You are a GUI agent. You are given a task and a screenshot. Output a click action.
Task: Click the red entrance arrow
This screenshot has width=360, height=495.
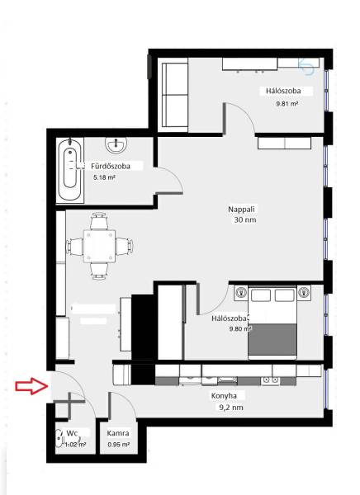click(x=31, y=386)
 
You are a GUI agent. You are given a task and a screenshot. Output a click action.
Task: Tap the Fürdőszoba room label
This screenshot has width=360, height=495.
click(x=111, y=166)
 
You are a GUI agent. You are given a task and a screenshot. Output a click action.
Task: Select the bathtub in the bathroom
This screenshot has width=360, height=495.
click(x=70, y=169)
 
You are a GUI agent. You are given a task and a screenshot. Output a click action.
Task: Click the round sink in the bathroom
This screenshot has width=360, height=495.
click(x=116, y=145)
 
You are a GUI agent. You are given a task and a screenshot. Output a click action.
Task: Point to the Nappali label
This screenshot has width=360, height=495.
click(x=241, y=209)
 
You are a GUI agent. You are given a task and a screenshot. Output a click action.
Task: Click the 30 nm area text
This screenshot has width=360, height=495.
click(x=245, y=219)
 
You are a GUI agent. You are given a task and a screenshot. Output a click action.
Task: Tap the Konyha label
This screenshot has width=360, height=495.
click(x=224, y=395)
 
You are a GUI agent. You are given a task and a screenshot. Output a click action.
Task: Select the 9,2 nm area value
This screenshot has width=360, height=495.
click(x=231, y=408)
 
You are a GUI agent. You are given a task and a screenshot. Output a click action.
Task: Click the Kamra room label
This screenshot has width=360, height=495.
click(x=118, y=433)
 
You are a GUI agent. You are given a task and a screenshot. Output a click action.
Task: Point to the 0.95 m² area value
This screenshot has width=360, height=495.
click(x=118, y=445)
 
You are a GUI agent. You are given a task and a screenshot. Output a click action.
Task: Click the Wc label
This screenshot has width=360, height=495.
click(x=72, y=432)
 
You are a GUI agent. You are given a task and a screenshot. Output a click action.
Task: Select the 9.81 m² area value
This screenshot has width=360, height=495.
click(x=287, y=103)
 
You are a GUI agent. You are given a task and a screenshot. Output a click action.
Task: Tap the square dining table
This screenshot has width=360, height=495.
click(x=99, y=246)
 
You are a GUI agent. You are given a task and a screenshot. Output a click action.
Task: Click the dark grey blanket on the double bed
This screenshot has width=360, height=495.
click(x=272, y=339)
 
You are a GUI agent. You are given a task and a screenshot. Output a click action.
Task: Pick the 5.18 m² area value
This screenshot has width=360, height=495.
click(x=104, y=177)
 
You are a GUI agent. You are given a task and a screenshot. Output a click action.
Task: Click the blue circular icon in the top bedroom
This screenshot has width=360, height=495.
click(x=306, y=67)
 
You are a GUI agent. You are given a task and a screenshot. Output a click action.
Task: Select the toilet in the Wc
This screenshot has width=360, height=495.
click(x=59, y=438)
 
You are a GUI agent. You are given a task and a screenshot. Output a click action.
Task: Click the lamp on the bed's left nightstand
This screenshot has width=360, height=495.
click(x=241, y=292)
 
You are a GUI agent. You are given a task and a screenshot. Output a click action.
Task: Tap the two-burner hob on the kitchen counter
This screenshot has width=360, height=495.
click(x=271, y=380)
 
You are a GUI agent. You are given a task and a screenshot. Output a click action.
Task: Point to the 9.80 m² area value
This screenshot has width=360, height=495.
click(x=240, y=328)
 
